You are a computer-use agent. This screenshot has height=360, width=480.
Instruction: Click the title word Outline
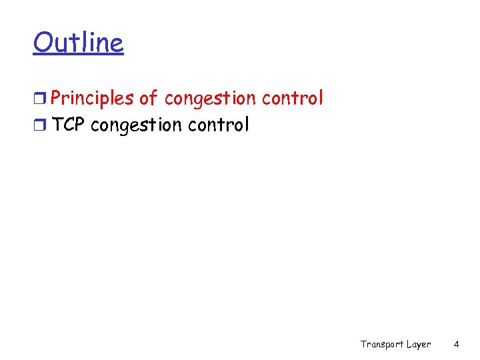(x=78, y=43)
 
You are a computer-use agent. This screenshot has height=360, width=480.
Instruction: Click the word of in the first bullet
(x=149, y=99)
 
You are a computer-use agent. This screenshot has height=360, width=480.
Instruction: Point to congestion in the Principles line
(x=209, y=99)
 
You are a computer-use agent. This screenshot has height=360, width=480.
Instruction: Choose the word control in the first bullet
(x=292, y=98)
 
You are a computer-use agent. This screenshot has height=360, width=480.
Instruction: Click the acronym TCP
(x=67, y=125)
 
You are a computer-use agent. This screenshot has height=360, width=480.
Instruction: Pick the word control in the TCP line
(x=219, y=125)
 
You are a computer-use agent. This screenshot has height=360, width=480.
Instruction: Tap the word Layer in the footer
(x=419, y=344)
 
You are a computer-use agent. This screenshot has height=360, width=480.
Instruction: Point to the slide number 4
(x=456, y=344)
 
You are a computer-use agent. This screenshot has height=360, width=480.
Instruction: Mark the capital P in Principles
(x=56, y=99)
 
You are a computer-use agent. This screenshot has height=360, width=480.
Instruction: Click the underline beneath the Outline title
(x=78, y=55)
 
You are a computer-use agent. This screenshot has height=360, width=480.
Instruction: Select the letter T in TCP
(x=57, y=125)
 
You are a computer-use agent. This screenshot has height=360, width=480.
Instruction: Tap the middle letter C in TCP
(x=67, y=125)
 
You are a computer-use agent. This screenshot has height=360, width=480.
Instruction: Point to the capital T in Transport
(x=364, y=344)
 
